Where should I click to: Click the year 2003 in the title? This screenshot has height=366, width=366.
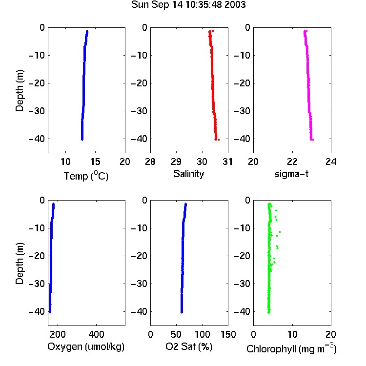235,5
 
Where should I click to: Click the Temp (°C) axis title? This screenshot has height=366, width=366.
86,176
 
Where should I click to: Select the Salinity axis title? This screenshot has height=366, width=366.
188,174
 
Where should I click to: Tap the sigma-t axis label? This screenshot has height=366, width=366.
291,174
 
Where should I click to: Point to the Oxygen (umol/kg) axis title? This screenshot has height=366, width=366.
86,346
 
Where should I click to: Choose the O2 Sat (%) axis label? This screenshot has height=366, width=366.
188,346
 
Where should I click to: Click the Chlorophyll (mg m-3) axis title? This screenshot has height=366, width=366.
291,348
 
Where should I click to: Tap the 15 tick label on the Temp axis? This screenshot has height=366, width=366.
95,162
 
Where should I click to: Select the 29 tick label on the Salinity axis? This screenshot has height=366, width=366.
176,162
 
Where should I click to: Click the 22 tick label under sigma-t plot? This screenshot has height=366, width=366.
292,162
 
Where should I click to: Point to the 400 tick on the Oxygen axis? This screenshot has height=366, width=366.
96,334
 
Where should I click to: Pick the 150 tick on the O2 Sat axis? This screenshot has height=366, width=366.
228,334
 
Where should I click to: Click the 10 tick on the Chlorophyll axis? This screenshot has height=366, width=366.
292,334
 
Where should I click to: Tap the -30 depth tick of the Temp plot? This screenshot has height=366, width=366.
37,111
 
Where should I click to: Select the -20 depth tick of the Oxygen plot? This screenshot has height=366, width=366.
37,256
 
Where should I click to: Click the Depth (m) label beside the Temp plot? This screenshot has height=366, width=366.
20,91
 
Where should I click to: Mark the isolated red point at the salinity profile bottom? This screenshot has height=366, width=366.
219,140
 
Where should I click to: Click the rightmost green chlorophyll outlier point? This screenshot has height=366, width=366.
280,232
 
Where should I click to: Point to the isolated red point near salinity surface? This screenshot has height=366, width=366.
213,31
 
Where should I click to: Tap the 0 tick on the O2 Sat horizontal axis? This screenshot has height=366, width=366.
151,334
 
